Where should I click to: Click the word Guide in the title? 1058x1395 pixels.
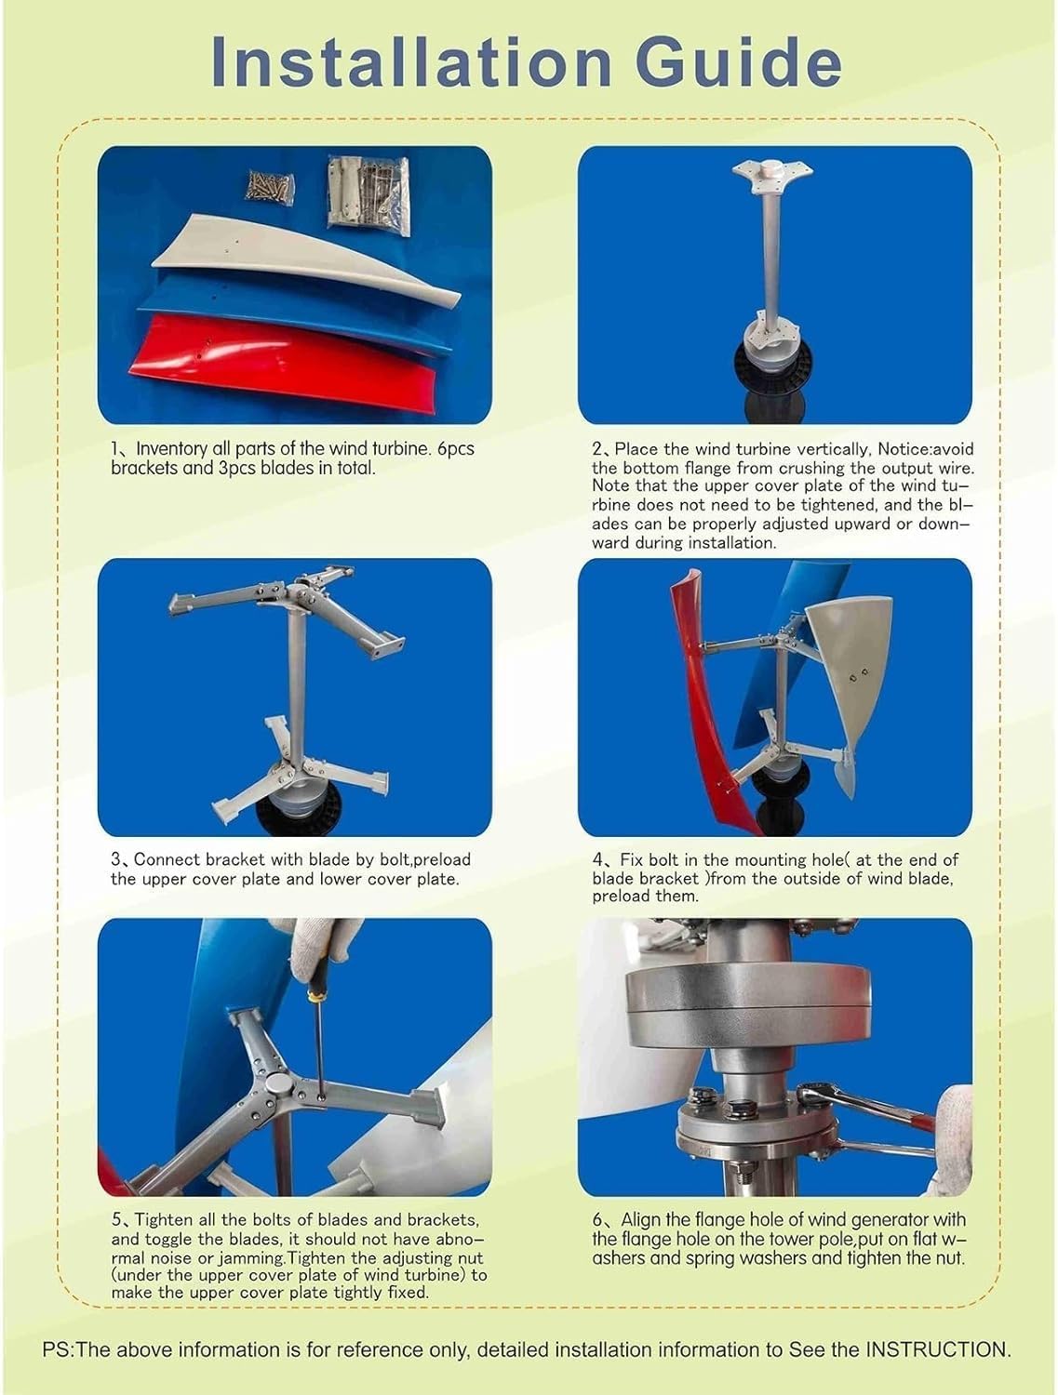tap(734, 61)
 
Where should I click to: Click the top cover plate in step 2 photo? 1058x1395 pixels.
tap(774, 174)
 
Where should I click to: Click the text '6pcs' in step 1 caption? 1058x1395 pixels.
tap(455, 448)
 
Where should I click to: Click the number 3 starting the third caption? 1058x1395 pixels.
tap(115, 859)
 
